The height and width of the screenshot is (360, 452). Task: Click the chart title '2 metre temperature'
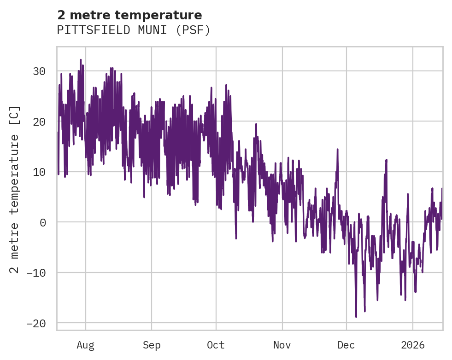click(x=129, y=15)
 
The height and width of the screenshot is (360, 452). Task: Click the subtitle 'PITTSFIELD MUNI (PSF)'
click(x=134, y=30)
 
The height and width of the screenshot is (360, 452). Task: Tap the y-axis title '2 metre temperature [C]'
click(x=15, y=189)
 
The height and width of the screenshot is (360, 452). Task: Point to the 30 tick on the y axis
click(x=39, y=71)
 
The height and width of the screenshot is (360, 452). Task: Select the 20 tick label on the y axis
click(x=39, y=122)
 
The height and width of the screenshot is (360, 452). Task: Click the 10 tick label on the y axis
click(x=39, y=172)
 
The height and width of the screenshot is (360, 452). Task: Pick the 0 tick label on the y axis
click(x=43, y=222)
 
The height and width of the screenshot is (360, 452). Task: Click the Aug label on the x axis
click(x=86, y=345)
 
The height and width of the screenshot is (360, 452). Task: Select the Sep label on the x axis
click(x=151, y=345)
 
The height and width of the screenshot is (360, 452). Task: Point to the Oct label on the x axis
click(x=216, y=345)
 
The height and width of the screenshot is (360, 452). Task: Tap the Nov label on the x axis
click(x=282, y=345)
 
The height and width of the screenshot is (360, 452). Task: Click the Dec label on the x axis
click(x=346, y=345)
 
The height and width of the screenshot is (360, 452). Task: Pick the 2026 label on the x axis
click(x=413, y=345)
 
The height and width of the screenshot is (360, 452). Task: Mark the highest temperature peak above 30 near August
click(x=81, y=60)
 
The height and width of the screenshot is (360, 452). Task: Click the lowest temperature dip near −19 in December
click(x=356, y=317)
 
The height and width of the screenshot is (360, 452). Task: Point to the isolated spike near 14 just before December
click(x=337, y=150)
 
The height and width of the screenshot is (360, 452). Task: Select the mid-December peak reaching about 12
click(x=386, y=160)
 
